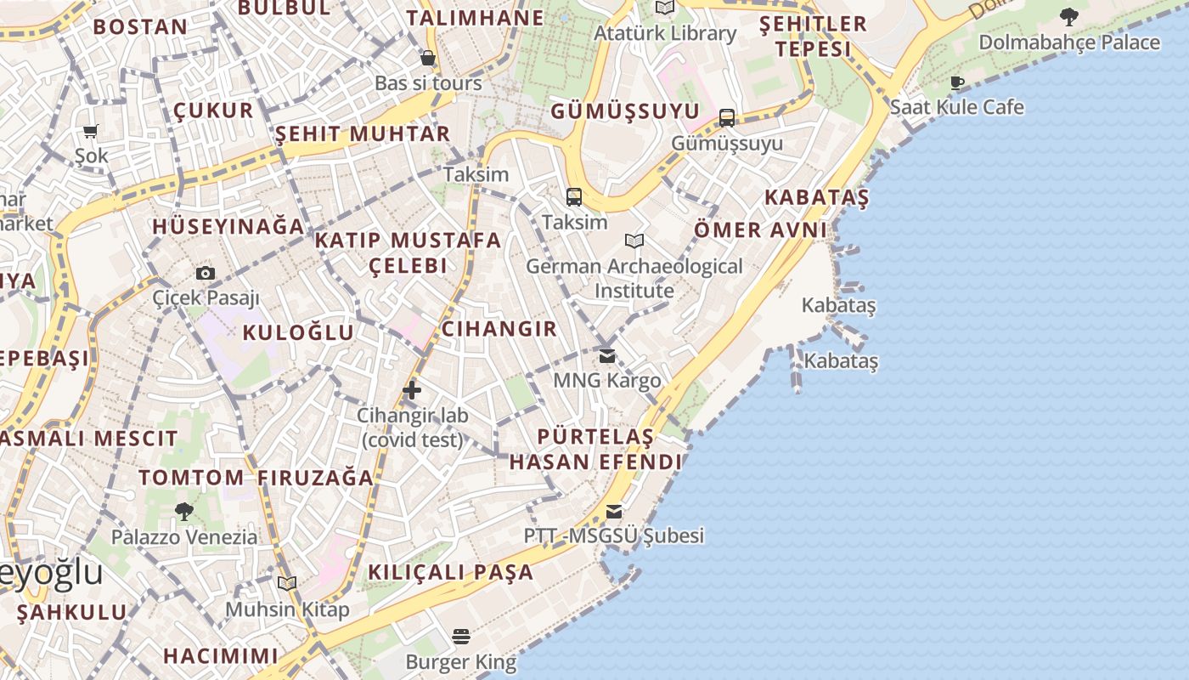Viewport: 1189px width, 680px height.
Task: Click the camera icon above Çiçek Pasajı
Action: coord(205,273)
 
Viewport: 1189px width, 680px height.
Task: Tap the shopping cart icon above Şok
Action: coord(91,131)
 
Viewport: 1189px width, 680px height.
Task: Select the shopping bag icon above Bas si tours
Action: coord(428,58)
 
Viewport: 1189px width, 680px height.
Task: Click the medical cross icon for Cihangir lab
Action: coord(412,390)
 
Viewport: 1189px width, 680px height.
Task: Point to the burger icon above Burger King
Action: coord(461,637)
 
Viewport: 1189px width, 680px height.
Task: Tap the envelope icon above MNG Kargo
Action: coord(606,355)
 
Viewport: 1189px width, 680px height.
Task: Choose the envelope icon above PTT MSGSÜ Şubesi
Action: coord(613,512)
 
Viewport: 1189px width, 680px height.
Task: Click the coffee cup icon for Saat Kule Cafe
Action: coord(957,82)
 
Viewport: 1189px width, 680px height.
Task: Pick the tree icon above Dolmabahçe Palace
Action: coord(1068,16)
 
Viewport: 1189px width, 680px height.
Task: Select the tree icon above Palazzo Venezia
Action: coord(183,512)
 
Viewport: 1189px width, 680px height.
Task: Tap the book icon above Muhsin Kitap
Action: coord(287,584)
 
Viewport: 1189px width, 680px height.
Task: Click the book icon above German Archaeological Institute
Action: coord(634,241)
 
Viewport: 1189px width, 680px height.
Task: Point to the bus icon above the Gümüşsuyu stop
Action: coord(727,118)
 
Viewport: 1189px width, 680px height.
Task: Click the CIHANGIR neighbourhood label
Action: coord(499,329)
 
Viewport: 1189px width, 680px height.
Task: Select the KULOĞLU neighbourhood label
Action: coord(298,332)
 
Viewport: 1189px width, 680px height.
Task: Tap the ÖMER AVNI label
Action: coord(760,229)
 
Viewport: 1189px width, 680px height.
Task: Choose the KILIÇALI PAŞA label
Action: coord(450,572)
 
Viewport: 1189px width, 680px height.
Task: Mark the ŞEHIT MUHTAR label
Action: coord(363,133)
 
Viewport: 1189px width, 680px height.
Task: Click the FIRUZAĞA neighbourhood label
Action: coord(315,478)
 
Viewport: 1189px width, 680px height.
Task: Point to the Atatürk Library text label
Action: coord(664,34)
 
